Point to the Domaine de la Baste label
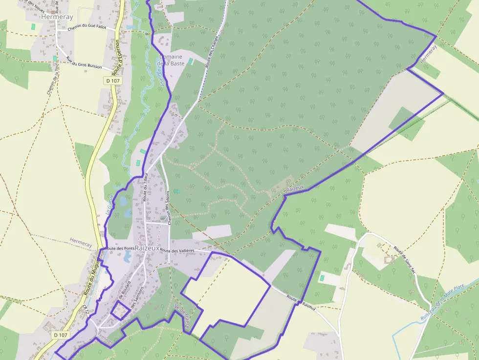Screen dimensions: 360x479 [x=170, y=60]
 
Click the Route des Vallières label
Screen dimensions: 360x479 [x=177, y=251]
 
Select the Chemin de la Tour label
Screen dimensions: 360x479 [x=52, y=80]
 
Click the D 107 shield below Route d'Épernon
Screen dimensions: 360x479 [x=112, y=80]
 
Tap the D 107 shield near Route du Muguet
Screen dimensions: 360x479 [x=60, y=335]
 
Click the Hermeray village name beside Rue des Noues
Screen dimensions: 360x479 [x=57, y=16]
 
